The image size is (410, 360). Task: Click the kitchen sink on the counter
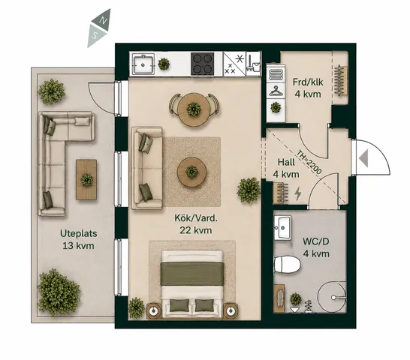click(x=143, y=64)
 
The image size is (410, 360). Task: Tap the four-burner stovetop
click(x=203, y=64)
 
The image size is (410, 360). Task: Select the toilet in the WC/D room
click(x=287, y=265)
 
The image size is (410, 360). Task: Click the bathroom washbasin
click(x=282, y=227)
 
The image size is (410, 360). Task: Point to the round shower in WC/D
click(x=332, y=297)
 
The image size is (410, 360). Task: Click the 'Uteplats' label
click(x=78, y=233)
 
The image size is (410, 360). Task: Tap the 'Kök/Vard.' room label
click(x=196, y=218)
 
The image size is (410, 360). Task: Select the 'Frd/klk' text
click(x=308, y=82)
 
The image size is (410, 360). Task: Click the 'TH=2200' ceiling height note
click(x=309, y=162)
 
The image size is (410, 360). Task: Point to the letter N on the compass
click(x=104, y=21)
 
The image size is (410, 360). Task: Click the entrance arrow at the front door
click(x=363, y=158)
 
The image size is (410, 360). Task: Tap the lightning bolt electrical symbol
click(x=297, y=193)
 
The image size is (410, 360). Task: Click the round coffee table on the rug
click(x=191, y=172)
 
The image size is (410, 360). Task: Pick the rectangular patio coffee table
click(x=86, y=180)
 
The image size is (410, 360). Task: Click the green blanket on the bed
click(x=192, y=274)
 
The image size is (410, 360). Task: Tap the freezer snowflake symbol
click(x=240, y=58)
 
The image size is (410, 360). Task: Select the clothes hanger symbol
click(x=276, y=91)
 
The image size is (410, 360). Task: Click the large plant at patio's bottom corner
click(x=59, y=292)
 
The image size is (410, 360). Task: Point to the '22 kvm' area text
click(x=196, y=230)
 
